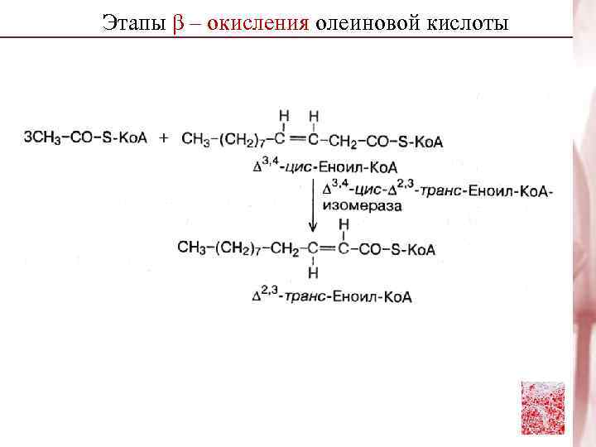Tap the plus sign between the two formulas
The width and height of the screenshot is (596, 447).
tap(163, 138)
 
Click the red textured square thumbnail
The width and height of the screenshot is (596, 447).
tap(542, 407)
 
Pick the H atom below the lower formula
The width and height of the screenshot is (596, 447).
tap(314, 272)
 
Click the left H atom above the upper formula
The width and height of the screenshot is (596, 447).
tap(283, 115)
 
